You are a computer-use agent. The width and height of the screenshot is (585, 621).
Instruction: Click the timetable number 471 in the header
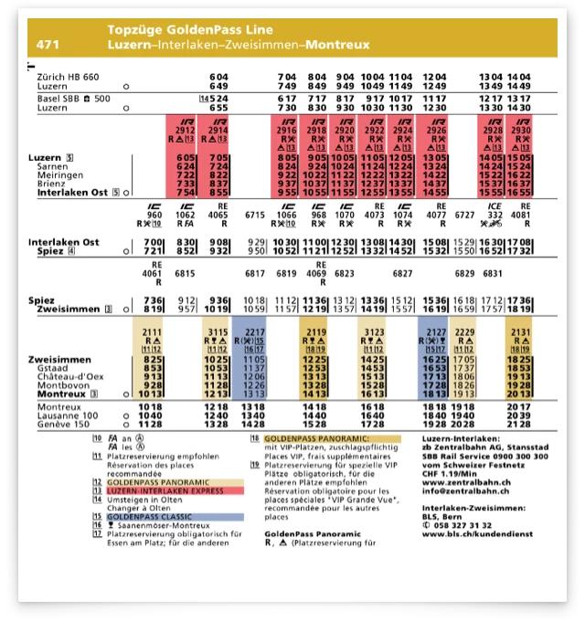click(47, 44)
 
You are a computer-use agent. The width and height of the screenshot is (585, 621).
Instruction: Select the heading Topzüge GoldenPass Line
click(183, 30)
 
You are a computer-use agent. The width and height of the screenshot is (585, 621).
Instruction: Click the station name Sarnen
click(52, 167)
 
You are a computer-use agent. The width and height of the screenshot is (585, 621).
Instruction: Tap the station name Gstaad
click(52, 369)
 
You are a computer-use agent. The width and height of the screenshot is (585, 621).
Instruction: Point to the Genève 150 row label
click(61, 425)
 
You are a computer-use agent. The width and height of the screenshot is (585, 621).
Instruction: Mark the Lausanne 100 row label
click(67, 416)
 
